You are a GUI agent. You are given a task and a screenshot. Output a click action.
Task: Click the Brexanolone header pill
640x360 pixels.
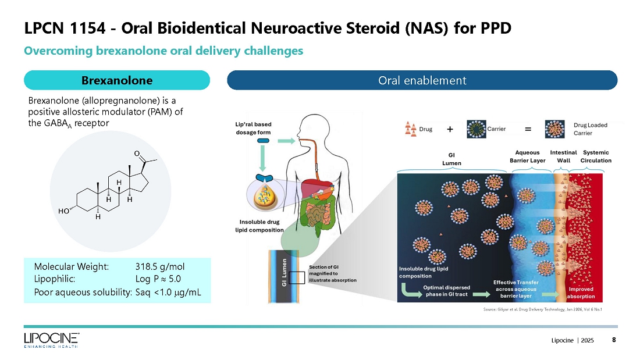117,80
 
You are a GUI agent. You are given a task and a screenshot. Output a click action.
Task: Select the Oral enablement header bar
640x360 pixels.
422,80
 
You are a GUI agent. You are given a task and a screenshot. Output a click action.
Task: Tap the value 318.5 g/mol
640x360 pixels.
160,267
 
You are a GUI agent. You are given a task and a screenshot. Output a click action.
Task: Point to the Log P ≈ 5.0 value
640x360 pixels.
158,279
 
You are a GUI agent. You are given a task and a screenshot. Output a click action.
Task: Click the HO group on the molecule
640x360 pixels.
64,212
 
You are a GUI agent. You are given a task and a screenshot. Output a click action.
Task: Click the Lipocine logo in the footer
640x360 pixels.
51,340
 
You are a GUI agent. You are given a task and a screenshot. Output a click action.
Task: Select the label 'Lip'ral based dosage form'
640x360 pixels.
253,129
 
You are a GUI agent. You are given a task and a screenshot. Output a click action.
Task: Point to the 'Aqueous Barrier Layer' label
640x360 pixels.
527,156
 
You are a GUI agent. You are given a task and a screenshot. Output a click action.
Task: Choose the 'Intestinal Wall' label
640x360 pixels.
563,156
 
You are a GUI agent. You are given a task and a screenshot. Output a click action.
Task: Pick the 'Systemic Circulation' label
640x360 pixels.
596,156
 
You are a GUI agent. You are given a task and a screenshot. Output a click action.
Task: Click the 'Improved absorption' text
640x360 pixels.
581,293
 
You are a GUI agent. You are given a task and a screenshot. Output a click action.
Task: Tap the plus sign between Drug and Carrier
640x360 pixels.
450,130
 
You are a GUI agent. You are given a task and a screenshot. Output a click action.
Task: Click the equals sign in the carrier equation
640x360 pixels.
528,130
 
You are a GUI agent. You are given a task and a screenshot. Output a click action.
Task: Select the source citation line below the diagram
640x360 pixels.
542,309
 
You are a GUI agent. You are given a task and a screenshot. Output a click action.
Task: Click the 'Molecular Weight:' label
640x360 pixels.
71,267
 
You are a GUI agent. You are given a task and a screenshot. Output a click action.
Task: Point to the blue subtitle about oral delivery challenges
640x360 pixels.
163,51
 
